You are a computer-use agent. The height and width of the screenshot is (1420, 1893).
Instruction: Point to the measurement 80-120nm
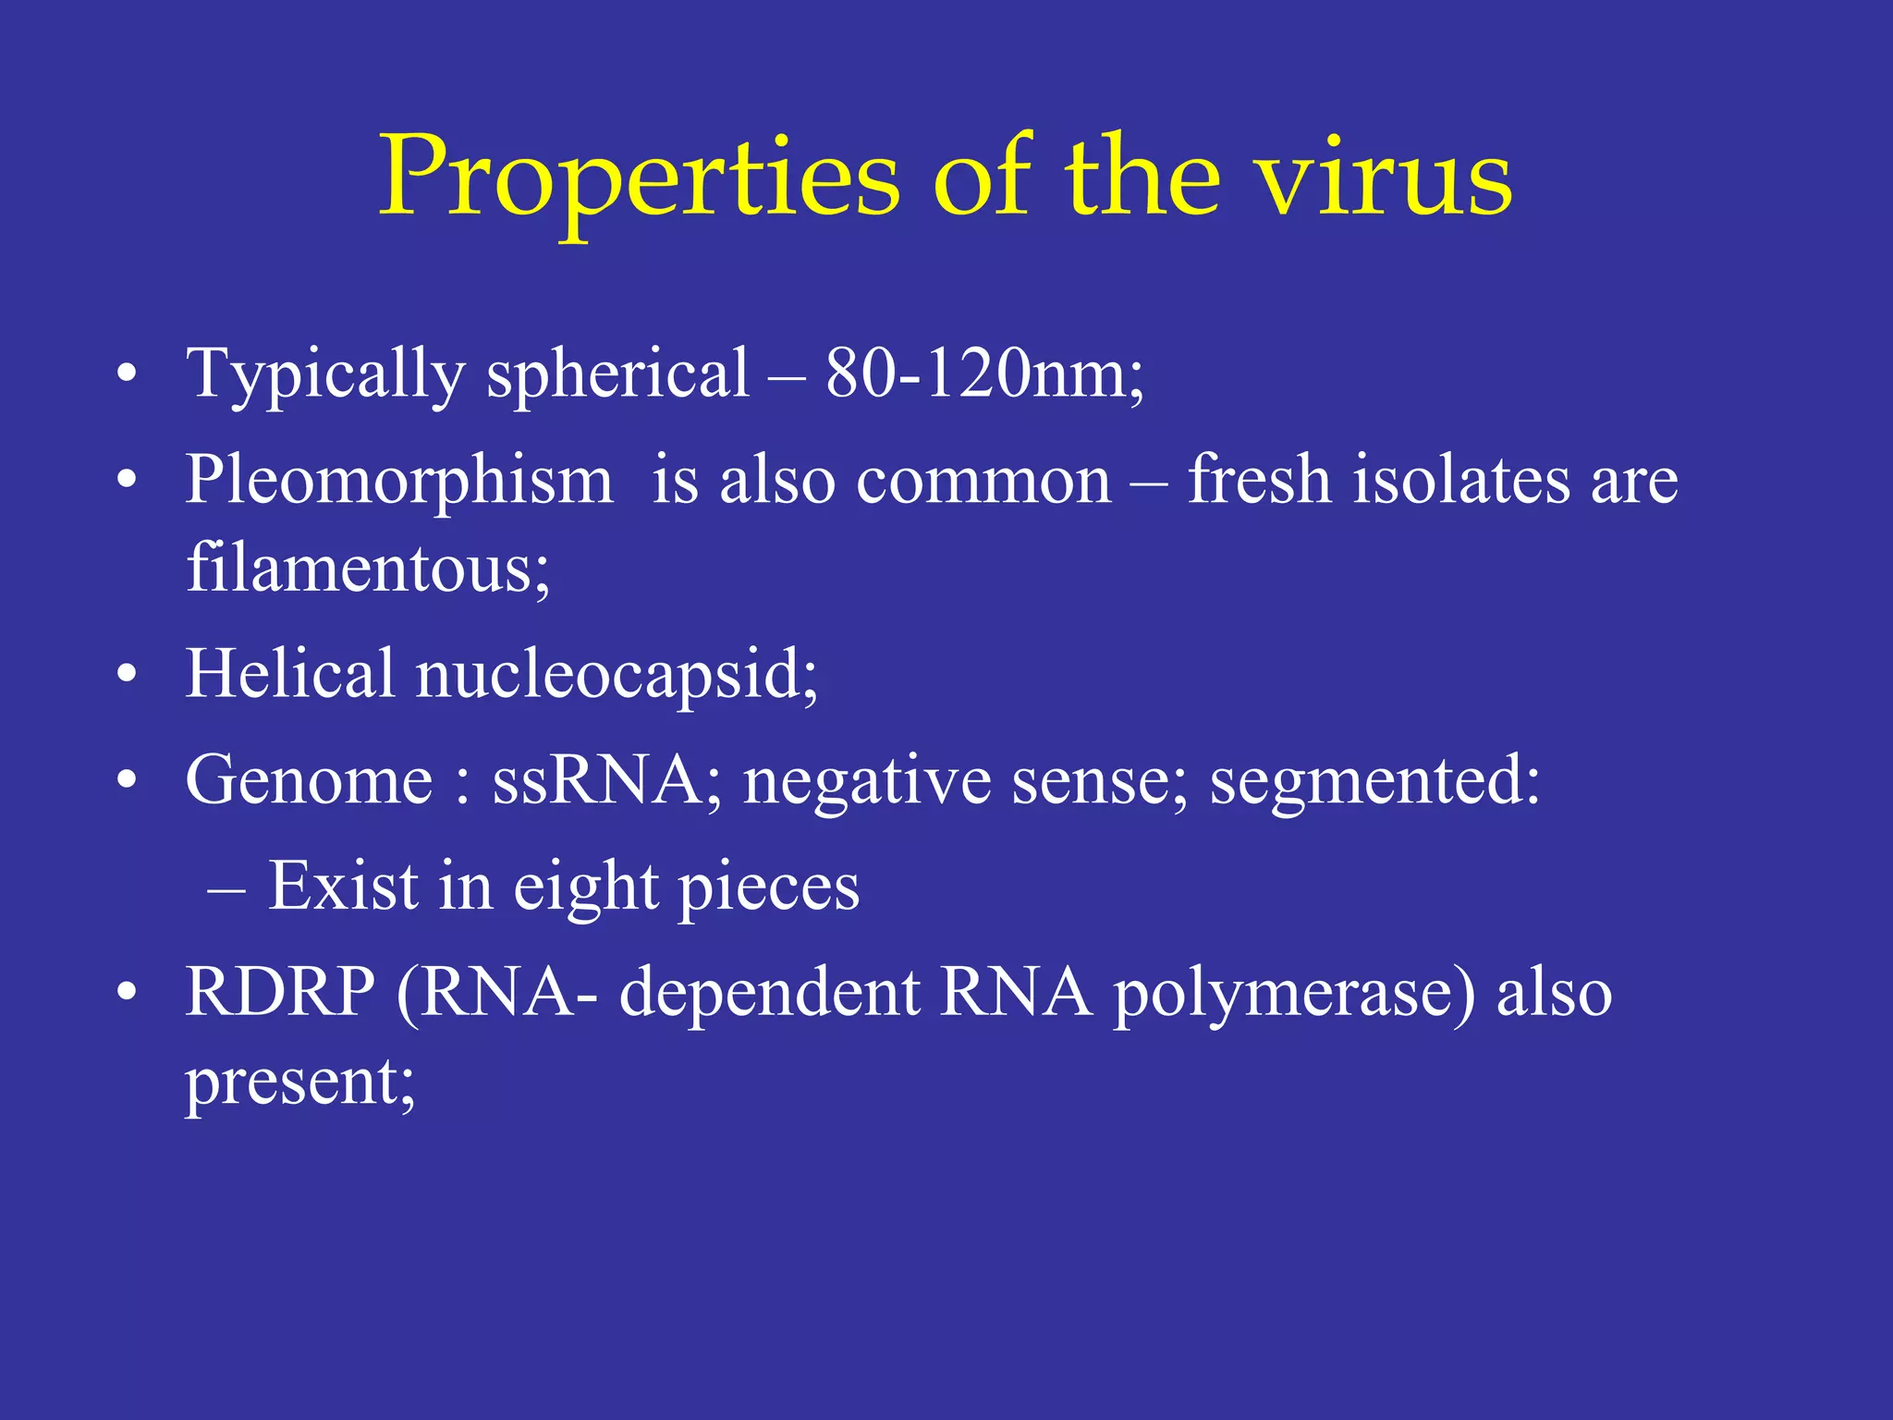coord(980,373)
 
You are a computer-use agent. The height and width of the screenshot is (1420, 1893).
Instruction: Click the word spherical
coord(617,375)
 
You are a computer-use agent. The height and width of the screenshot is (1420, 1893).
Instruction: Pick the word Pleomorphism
coord(399,482)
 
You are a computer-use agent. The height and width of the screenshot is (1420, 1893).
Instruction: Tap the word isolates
coord(1460,480)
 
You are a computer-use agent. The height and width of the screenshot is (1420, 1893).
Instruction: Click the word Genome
coord(309,780)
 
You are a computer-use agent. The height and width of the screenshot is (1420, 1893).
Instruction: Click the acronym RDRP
coord(280,992)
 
